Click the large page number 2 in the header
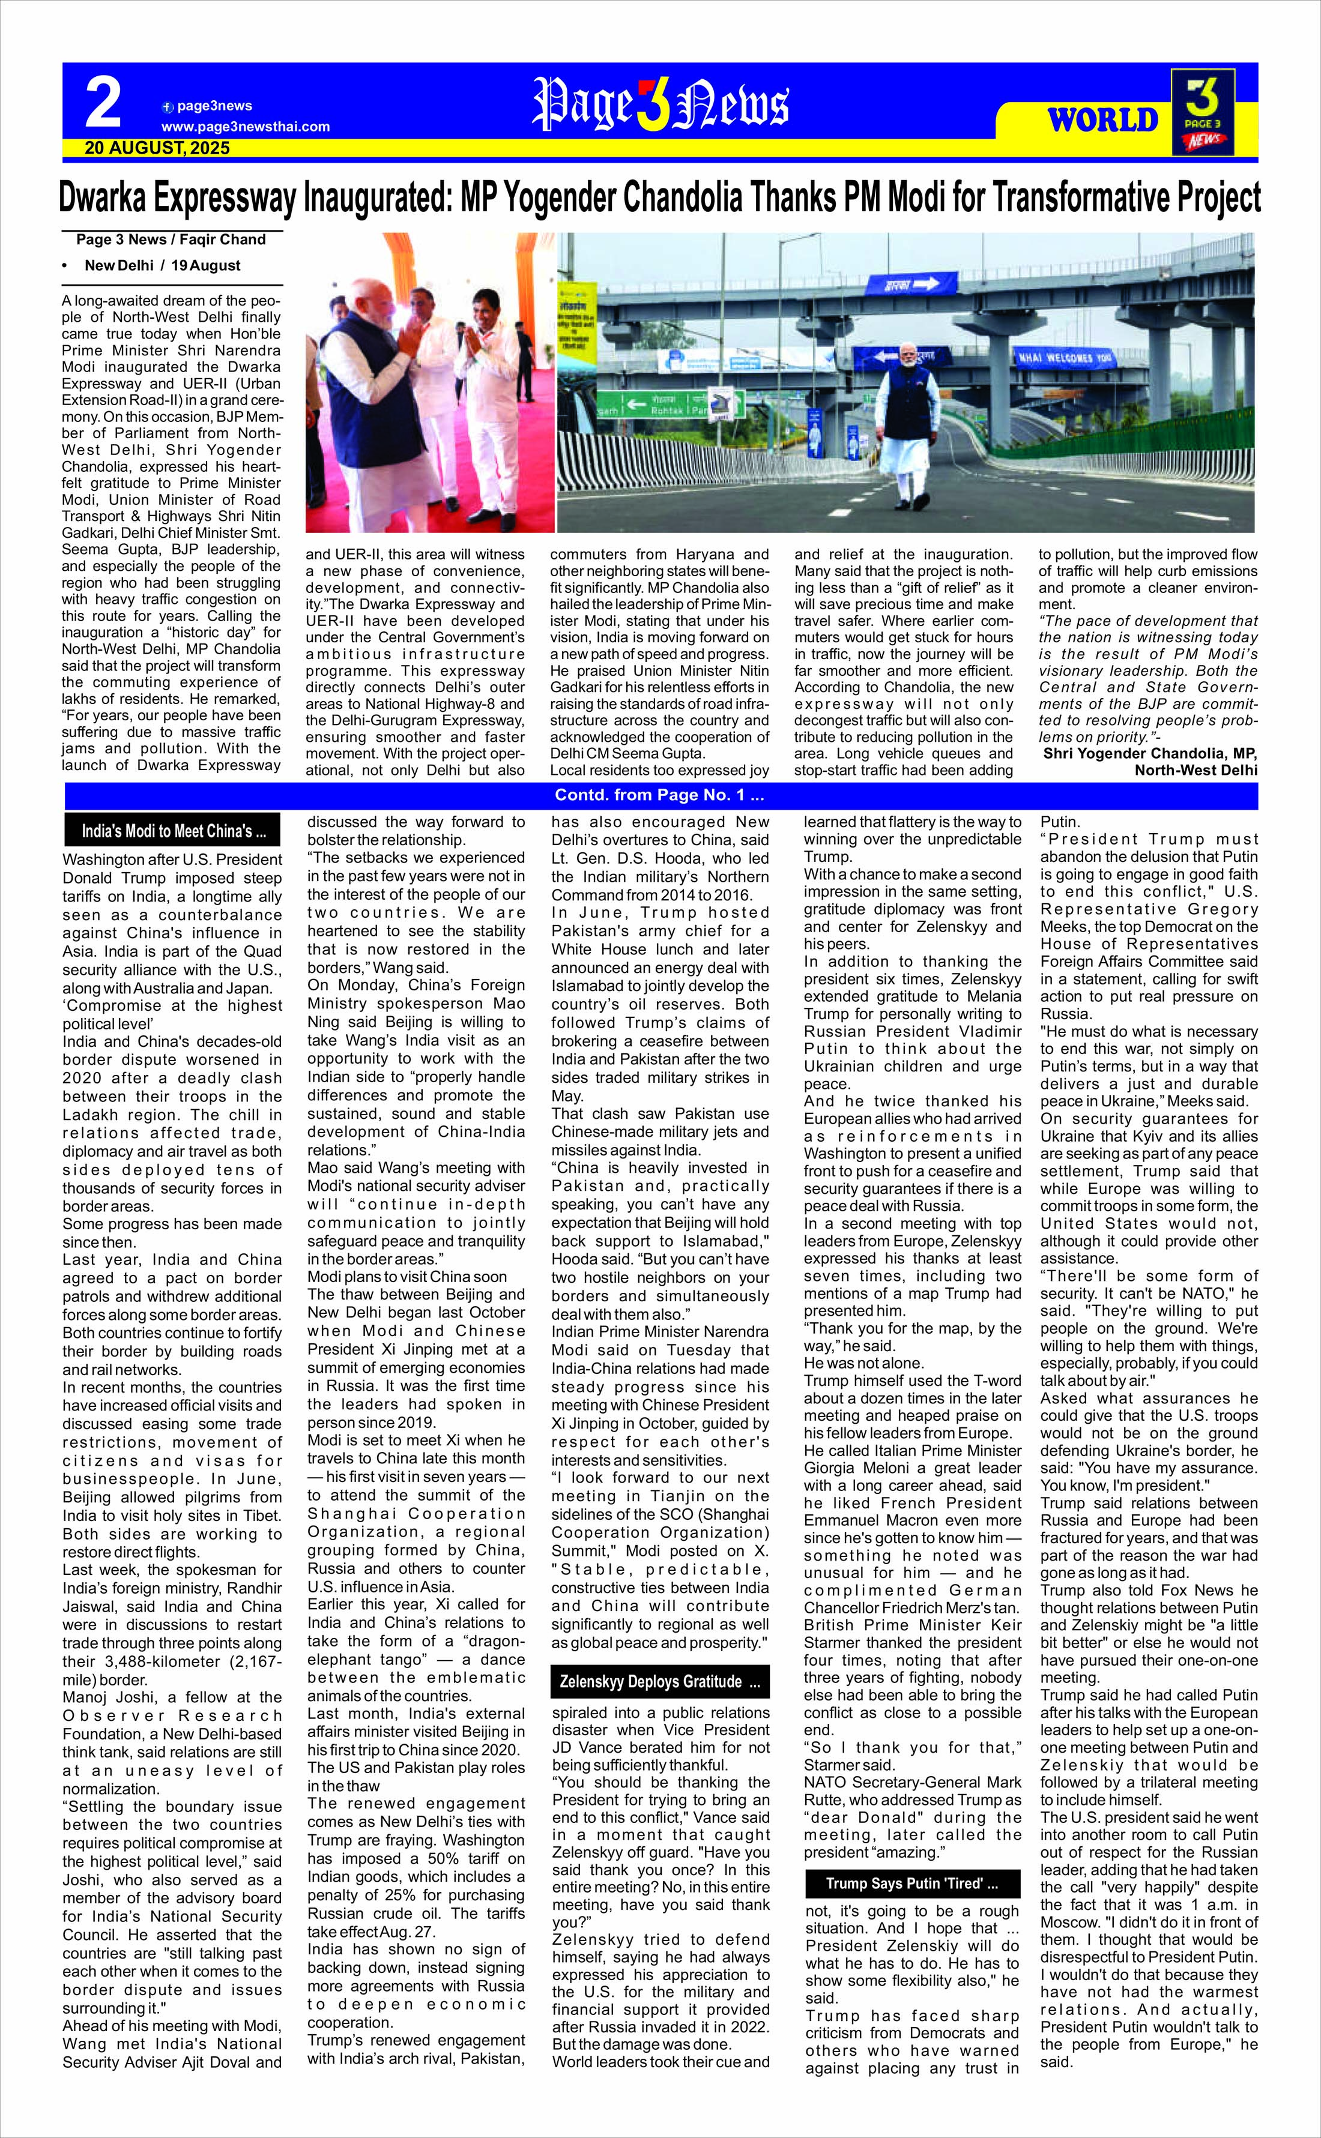(103, 103)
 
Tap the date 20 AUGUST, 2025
(157, 148)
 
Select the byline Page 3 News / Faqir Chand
(171, 239)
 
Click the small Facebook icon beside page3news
(168, 107)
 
